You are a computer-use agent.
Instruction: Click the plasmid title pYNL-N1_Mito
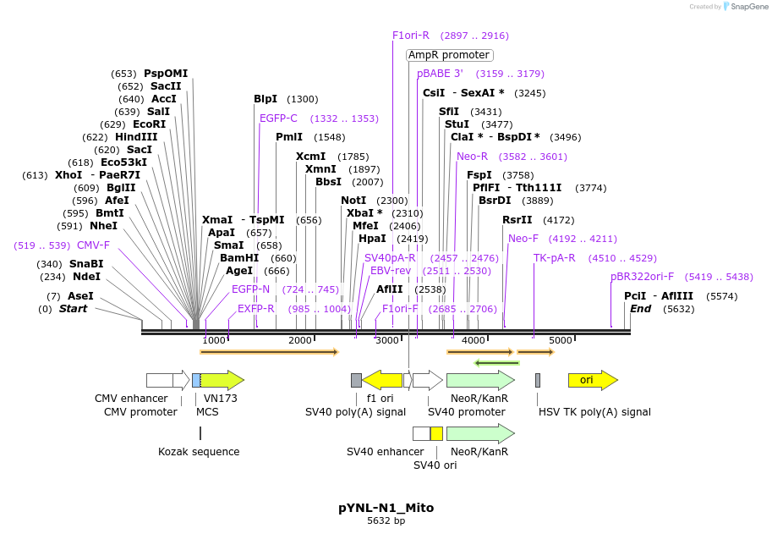tap(386, 508)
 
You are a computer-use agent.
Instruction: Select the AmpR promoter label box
tap(449, 55)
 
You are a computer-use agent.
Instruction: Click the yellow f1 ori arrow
tap(382, 380)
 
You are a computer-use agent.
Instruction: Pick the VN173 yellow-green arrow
tap(222, 380)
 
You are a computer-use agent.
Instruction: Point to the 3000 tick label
tap(386, 340)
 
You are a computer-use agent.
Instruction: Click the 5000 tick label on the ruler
tap(561, 340)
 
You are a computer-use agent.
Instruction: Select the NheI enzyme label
tap(103, 226)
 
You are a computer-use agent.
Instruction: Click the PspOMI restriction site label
tap(166, 74)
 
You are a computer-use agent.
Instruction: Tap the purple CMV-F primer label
tap(93, 245)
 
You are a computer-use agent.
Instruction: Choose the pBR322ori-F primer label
tap(643, 276)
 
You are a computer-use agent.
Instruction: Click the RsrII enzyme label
tap(517, 220)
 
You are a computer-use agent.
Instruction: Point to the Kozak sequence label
tap(199, 452)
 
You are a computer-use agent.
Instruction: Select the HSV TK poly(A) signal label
tap(594, 412)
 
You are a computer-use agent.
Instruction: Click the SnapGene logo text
tap(749, 6)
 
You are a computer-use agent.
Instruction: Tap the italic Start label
tap(73, 309)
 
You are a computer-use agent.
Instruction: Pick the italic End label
tap(640, 309)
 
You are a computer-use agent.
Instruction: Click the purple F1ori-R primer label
tap(411, 36)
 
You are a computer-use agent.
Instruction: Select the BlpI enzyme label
tap(266, 99)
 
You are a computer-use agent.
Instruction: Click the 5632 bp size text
tap(386, 521)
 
